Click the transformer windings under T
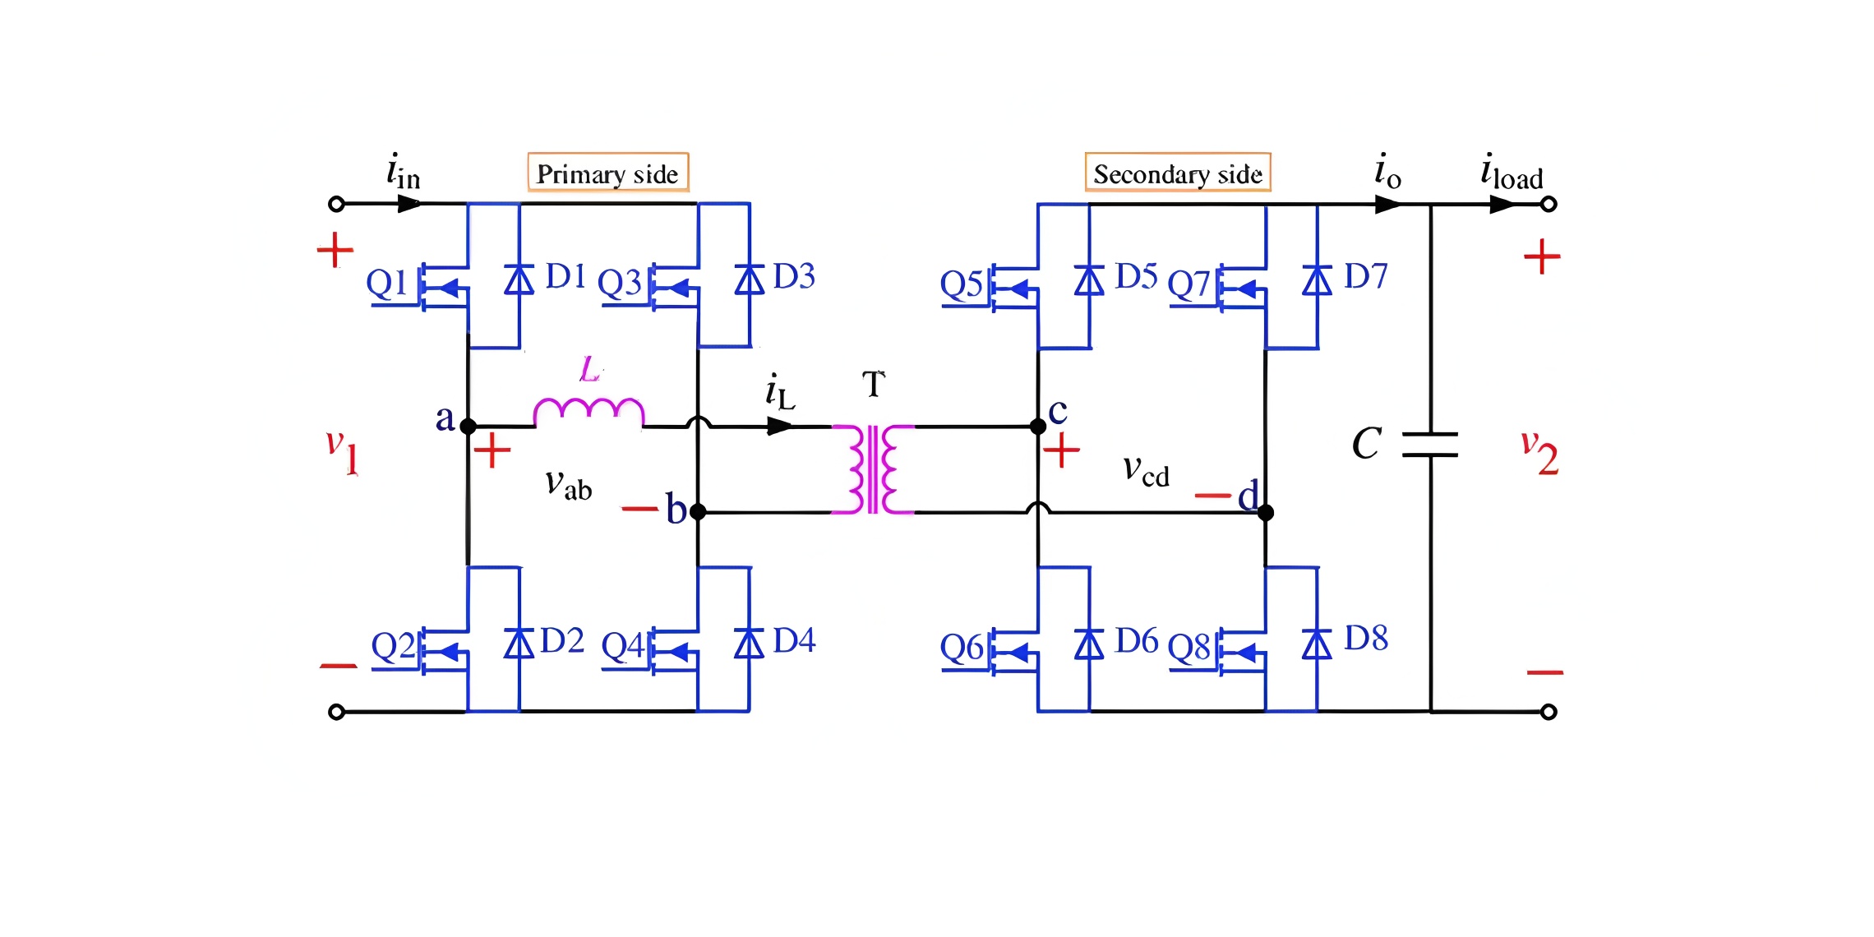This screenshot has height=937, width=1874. (x=873, y=469)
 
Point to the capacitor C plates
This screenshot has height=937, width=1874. (x=1430, y=444)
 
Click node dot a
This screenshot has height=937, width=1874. (x=468, y=427)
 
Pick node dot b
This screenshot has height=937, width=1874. (x=698, y=512)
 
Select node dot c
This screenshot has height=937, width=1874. (x=1038, y=427)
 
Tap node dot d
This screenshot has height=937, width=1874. (x=1266, y=513)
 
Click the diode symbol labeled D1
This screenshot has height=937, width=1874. (x=519, y=279)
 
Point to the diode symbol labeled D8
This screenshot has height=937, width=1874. (x=1317, y=644)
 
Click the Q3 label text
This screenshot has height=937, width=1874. (x=619, y=283)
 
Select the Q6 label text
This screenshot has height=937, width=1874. (x=962, y=648)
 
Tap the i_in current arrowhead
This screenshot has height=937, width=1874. (x=409, y=204)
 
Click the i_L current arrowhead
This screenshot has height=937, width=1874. (x=779, y=427)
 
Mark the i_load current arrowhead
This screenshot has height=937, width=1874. (x=1502, y=204)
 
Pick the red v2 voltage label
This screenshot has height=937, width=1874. (x=1539, y=453)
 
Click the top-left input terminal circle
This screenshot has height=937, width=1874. (x=336, y=204)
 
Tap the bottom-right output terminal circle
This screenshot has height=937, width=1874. (x=1549, y=712)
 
